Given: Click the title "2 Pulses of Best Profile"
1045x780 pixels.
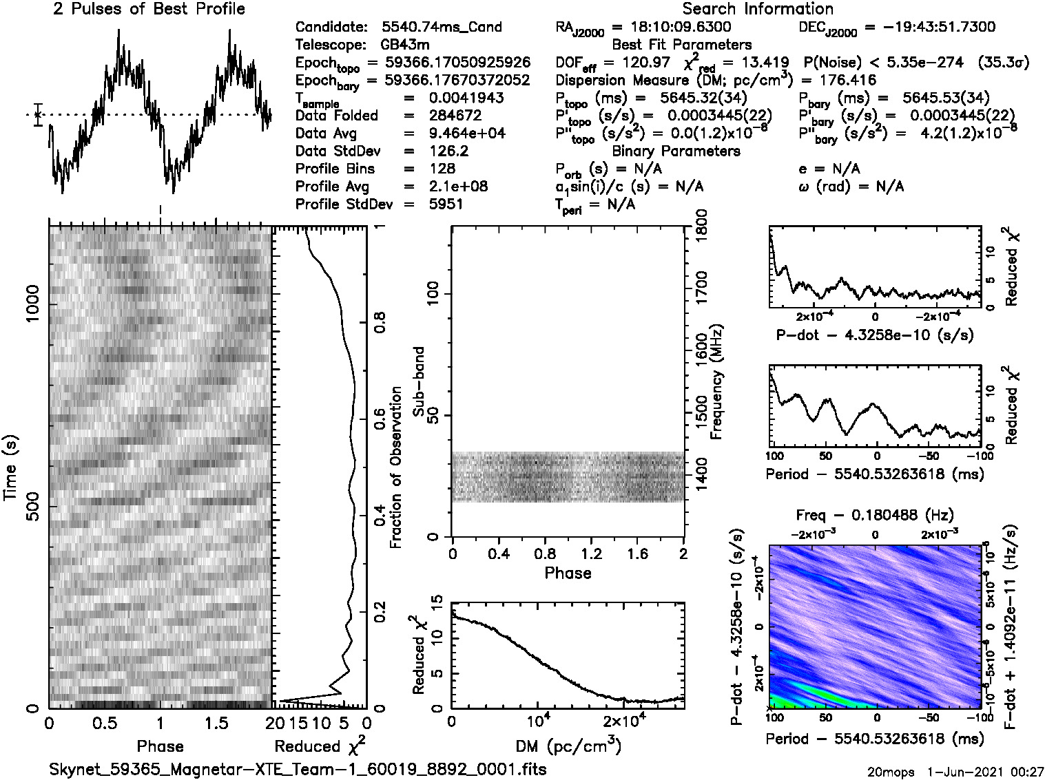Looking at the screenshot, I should (x=149, y=9).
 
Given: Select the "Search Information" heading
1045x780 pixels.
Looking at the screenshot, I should (x=758, y=9).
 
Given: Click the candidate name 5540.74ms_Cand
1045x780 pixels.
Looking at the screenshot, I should (x=442, y=28).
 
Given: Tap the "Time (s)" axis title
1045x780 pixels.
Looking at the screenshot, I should (x=11, y=468).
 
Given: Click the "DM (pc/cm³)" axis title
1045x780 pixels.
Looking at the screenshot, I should (x=568, y=746).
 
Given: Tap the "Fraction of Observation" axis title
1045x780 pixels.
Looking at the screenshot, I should (x=396, y=468).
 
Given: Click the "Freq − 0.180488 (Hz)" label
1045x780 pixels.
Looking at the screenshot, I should (x=875, y=514).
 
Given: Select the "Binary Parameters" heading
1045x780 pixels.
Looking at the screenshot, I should (x=676, y=151).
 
